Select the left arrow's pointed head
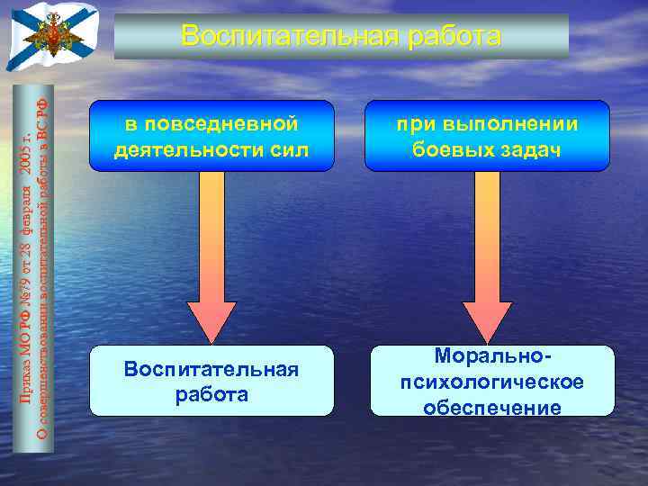(x=211, y=323)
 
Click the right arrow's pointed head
(x=487, y=323)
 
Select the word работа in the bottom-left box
(x=211, y=394)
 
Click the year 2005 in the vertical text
(x=27, y=156)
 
